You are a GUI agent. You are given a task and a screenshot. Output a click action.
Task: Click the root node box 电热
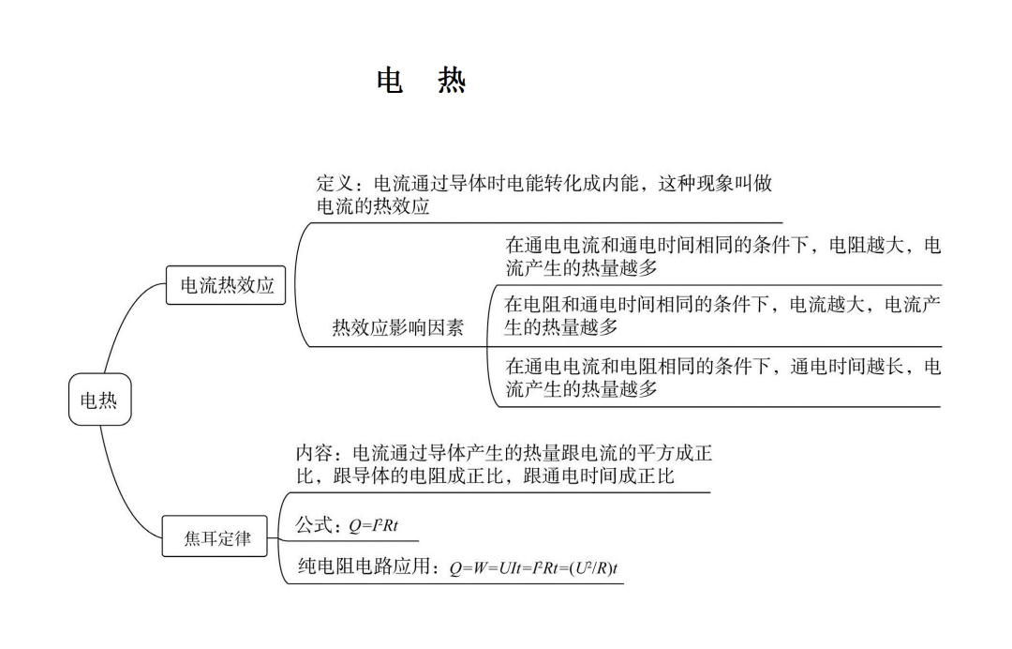click(99, 400)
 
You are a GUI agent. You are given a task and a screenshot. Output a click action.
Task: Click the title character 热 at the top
click(452, 82)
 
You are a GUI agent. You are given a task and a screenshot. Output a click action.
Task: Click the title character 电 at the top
click(390, 82)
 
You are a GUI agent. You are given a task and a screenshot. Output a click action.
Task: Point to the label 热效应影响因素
click(397, 327)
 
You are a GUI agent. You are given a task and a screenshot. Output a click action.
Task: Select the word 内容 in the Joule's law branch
click(315, 454)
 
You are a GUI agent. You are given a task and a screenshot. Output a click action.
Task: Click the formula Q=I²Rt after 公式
click(373, 527)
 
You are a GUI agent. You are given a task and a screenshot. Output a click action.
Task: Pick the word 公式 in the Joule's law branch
click(315, 526)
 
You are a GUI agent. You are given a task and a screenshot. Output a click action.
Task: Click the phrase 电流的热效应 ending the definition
click(374, 207)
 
